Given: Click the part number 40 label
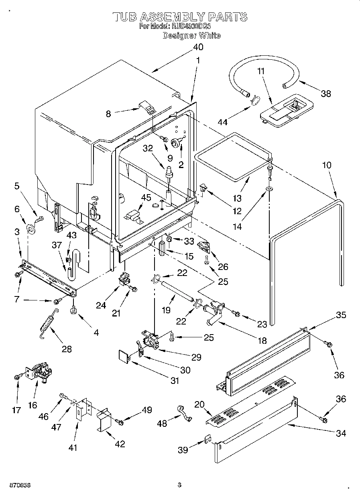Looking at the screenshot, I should pyautogui.click(x=198, y=47).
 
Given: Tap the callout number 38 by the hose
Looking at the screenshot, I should pyautogui.click(x=326, y=93).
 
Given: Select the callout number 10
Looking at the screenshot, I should pyautogui.click(x=327, y=164).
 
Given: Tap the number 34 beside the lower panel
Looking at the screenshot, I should pyautogui.click(x=341, y=433).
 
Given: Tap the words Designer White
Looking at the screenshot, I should pyautogui.click(x=191, y=35).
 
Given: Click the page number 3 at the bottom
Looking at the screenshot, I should pyautogui.click(x=179, y=485).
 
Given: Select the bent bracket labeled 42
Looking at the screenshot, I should pyautogui.click(x=104, y=419).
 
